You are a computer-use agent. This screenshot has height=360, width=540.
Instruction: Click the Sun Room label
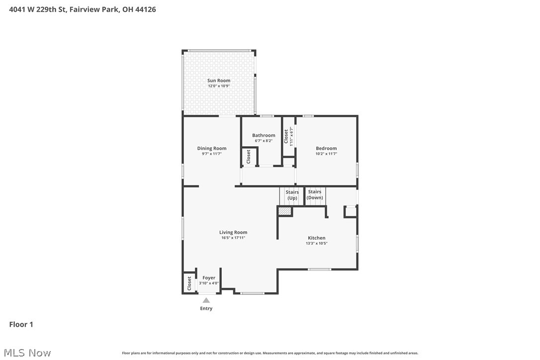tap(219, 81)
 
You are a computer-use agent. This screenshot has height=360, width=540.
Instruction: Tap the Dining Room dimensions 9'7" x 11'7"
tap(212, 154)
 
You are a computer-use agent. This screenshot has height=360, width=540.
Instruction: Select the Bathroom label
tap(264, 135)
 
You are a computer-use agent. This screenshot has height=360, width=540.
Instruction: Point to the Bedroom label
tap(326, 148)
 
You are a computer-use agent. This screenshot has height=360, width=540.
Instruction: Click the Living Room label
tap(233, 232)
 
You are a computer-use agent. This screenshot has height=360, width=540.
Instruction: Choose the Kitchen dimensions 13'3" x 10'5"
tap(317, 244)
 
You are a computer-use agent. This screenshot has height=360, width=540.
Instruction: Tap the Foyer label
tap(209, 278)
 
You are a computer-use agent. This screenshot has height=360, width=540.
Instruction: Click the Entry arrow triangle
tap(206, 300)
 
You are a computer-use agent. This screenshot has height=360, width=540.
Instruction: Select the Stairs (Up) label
tap(292, 195)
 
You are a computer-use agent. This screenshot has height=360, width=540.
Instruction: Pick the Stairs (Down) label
tap(315, 194)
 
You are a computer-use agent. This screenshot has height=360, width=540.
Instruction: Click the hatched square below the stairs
tap(284, 211)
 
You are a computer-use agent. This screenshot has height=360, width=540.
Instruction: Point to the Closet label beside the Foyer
tap(189, 283)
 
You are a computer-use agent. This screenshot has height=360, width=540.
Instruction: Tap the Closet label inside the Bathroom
tap(249, 157)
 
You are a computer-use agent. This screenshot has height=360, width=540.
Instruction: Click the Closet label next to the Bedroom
tap(286, 136)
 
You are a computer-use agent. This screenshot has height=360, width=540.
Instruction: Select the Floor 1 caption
tap(21, 325)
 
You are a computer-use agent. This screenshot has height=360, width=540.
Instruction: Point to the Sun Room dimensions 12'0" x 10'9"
tap(219, 86)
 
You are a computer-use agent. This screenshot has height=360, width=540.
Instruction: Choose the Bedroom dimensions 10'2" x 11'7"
tap(326, 154)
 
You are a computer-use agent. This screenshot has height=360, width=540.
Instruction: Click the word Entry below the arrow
tap(206, 308)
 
